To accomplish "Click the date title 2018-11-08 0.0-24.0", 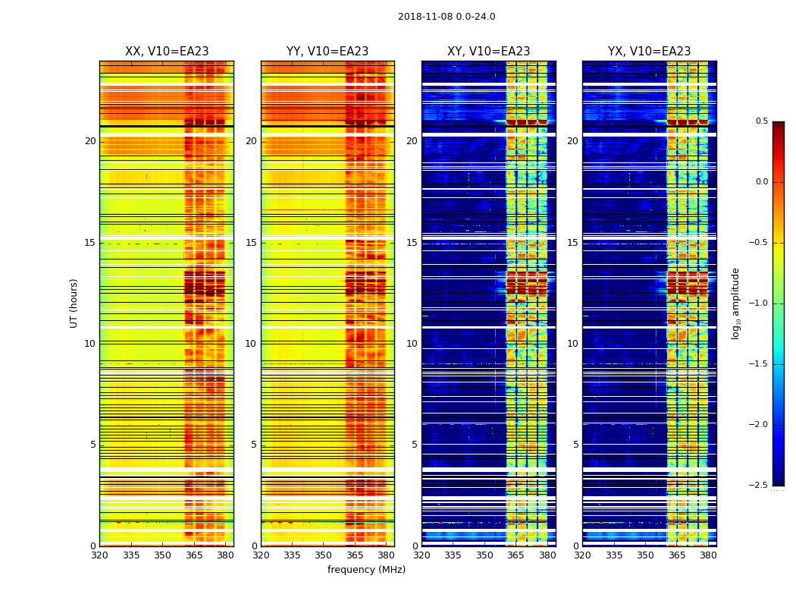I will pyautogui.click(x=447, y=17).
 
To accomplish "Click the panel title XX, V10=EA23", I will pyautogui.click(x=167, y=52).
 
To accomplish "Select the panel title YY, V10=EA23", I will pyautogui.click(x=327, y=52).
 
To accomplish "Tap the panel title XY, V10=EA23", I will pyautogui.click(x=488, y=52).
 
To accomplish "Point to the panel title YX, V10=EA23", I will pyautogui.click(x=649, y=52).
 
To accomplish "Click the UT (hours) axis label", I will pyautogui.click(x=74, y=303).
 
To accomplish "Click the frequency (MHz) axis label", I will pyautogui.click(x=366, y=570).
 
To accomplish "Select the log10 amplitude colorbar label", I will pyautogui.click(x=735, y=303).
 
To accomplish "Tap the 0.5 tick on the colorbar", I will pyautogui.click(x=761, y=121).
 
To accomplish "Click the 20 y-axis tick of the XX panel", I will pyautogui.click(x=90, y=141).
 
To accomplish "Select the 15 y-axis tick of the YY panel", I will pyautogui.click(x=251, y=243).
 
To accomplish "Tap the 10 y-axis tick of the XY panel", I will pyautogui.click(x=412, y=344).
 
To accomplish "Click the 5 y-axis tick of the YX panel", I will pyautogui.click(x=575, y=445).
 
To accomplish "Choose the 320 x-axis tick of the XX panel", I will pyautogui.click(x=99, y=555).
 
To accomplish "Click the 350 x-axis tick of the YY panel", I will pyautogui.click(x=324, y=555).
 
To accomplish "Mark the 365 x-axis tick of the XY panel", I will pyautogui.click(x=516, y=555).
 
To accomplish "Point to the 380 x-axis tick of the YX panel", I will pyautogui.click(x=708, y=555).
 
